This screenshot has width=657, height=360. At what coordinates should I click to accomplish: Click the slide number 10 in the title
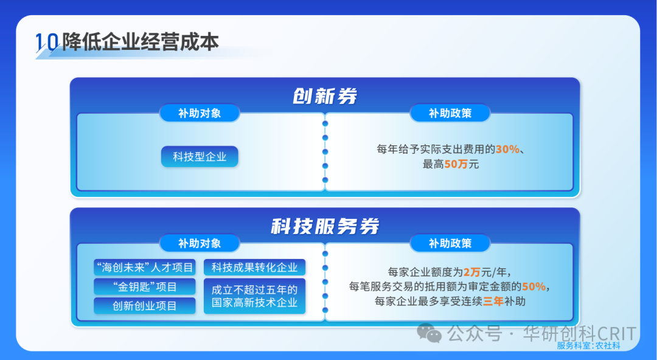point(47,43)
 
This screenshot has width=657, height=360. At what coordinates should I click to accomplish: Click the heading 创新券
point(325,96)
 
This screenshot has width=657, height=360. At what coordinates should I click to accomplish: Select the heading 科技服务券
point(325,226)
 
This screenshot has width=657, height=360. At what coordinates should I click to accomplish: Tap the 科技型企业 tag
point(200,157)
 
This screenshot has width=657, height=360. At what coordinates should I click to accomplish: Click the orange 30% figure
point(507,149)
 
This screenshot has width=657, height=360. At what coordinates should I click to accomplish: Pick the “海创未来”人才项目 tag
point(145,268)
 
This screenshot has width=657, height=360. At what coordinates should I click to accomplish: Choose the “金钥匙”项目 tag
point(145,286)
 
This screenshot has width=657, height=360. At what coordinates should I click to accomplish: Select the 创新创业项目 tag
point(145,306)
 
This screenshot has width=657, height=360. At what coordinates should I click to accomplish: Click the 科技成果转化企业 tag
point(254,268)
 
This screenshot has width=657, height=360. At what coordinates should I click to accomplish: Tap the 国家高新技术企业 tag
point(254,296)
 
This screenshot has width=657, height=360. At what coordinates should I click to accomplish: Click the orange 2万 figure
point(471,272)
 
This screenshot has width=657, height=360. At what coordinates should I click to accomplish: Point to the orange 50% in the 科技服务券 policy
point(534,286)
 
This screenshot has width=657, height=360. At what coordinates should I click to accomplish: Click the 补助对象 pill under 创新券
point(200,113)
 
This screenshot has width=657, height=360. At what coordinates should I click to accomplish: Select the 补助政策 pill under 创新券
point(450,113)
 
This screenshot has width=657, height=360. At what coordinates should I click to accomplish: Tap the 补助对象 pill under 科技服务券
point(200,243)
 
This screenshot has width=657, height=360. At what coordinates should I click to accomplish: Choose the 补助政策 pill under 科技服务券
point(450,243)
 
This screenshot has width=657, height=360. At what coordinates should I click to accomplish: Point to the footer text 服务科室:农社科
point(588,345)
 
